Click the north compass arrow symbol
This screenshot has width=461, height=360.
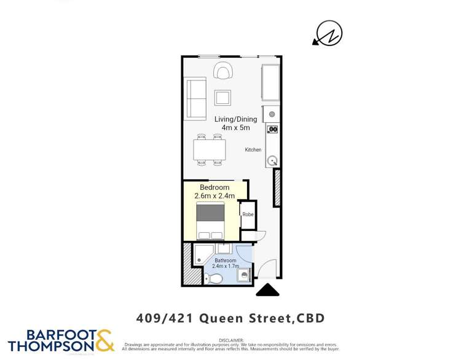328,34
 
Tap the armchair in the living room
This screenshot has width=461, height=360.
223,71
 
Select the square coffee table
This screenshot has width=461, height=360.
223,98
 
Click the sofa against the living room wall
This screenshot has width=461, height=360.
195,98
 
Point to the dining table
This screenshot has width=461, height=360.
209,149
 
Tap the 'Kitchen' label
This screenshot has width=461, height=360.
253,150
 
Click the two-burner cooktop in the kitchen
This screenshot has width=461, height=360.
273,129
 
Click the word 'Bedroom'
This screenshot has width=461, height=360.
215,187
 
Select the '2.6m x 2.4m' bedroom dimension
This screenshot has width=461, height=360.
215,196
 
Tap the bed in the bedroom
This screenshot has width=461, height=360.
210,222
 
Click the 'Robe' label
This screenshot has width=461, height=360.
248,214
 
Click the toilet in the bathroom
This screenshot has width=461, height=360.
215,279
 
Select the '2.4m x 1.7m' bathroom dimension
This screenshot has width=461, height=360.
226,267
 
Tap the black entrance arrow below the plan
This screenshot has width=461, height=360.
267,290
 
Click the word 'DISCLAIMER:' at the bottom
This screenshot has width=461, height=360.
231,340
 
